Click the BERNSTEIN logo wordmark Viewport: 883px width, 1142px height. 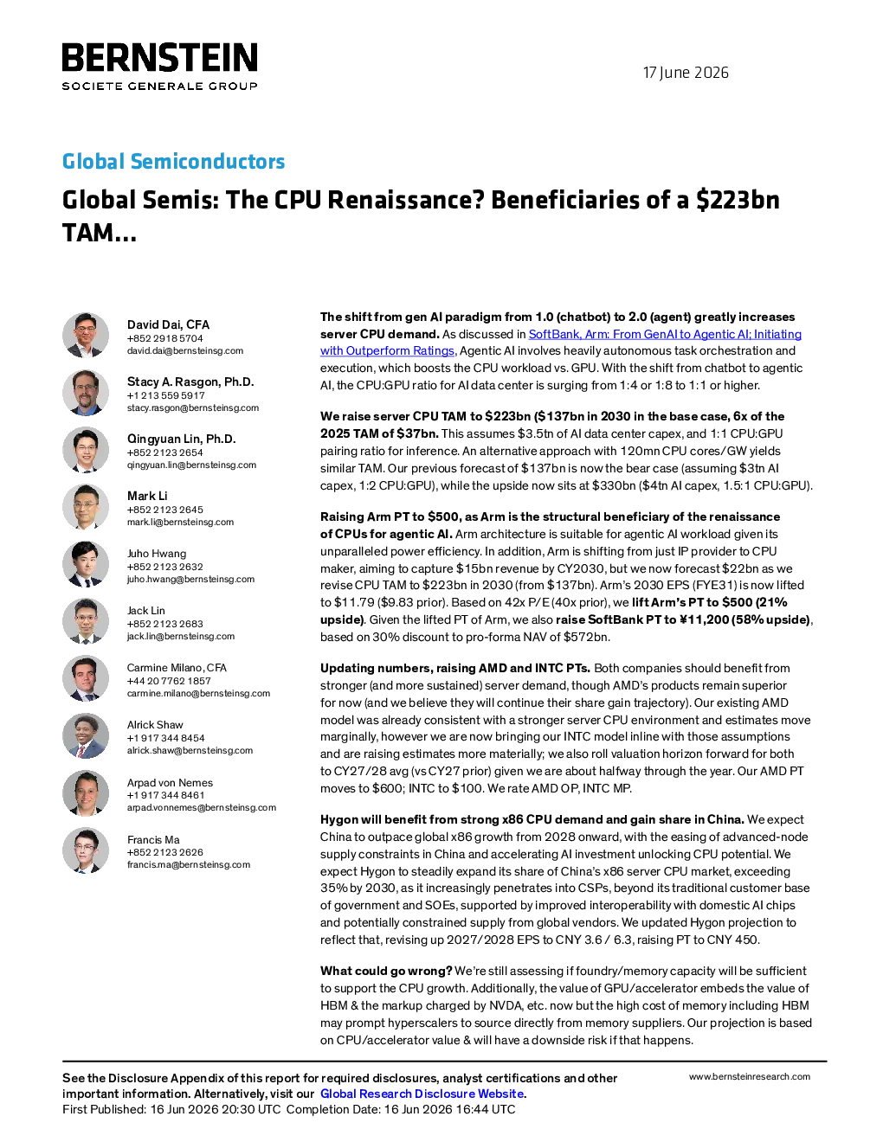[160, 57]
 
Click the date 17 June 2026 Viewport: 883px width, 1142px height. [686, 73]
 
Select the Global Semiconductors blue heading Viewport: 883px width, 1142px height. [173, 161]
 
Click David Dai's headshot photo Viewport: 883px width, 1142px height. [86, 336]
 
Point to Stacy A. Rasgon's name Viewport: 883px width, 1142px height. [190, 382]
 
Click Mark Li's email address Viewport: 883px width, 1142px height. [180, 522]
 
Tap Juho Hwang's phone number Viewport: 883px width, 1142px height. [164, 567]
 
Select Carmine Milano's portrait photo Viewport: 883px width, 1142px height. [86, 678]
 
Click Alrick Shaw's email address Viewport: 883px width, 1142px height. [190, 750]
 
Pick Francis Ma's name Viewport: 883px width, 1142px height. [153, 840]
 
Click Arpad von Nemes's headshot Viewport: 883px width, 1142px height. [86, 793]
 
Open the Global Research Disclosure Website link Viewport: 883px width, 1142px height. [422, 1094]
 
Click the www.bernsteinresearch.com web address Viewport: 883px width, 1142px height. [750, 1076]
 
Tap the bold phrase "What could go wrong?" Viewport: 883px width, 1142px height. [386, 971]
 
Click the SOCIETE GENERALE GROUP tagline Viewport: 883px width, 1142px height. [160, 87]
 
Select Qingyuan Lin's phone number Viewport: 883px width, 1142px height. [164, 452]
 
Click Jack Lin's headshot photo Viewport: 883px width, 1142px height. [86, 621]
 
